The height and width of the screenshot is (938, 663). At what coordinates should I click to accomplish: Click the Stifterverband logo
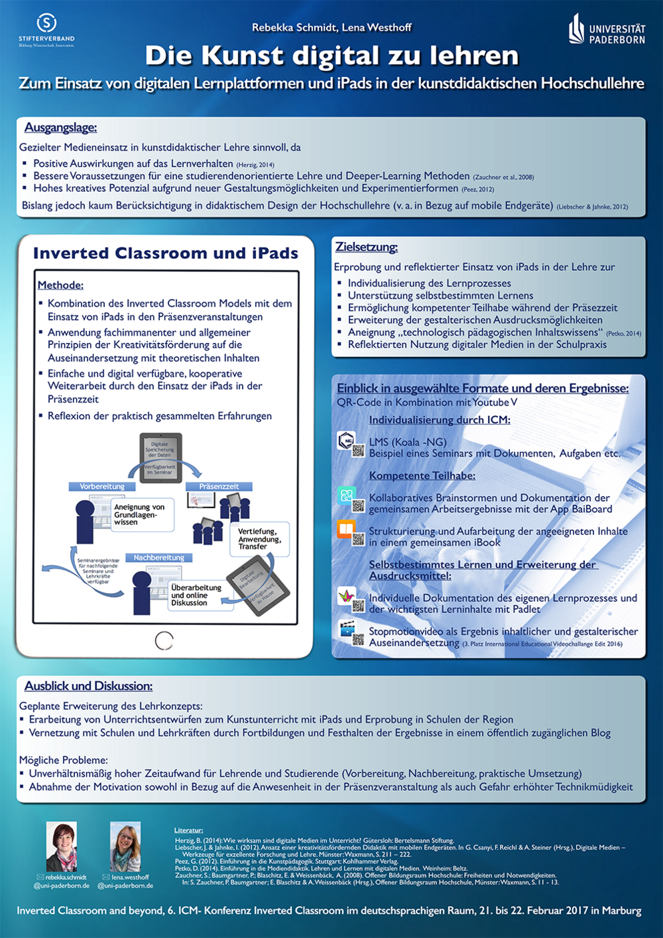pos(46,30)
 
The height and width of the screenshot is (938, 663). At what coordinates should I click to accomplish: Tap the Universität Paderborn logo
pos(607,30)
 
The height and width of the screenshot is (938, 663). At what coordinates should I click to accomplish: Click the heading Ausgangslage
pos(61,128)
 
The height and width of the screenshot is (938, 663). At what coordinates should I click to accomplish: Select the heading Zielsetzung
pos(366,247)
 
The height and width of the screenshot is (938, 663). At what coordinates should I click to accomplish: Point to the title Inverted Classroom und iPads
pos(166,253)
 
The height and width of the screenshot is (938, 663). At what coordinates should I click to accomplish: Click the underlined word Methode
pos(61,285)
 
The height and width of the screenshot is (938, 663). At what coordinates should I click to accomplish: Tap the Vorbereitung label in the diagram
pos(102,487)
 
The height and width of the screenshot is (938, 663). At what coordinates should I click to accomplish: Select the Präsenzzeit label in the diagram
pos(219,487)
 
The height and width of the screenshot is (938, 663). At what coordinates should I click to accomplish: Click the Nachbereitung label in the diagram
pos(158,558)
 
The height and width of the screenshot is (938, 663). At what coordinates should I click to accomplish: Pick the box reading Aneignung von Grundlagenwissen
pos(140,514)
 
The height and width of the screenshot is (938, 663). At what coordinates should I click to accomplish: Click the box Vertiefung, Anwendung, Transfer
pos(260,539)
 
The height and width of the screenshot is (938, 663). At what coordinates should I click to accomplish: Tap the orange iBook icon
pos(346,530)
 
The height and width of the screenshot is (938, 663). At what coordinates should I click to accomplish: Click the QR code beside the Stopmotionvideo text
pos(359,640)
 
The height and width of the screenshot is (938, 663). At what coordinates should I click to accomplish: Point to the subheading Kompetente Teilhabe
pos(422,475)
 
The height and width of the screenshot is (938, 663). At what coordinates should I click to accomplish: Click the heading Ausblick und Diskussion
pos(88,686)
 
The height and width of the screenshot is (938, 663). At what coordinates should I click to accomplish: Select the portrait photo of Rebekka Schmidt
pos(61,846)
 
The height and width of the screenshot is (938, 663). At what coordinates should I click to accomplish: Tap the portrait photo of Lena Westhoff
pos(125,846)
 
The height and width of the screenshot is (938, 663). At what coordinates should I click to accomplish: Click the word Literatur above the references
pos(188,830)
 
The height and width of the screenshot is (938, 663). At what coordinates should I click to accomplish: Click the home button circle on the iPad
pos(164,640)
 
